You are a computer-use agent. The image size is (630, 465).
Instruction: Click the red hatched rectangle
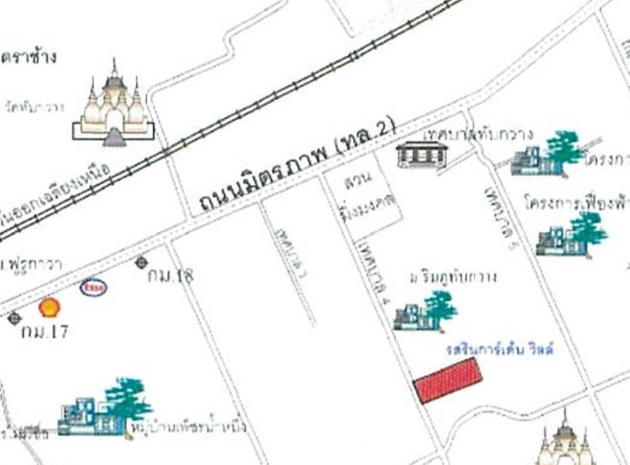coord(448,380)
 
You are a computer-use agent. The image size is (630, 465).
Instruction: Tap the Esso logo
coord(94,287)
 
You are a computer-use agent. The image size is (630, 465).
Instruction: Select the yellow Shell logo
coord(49,307)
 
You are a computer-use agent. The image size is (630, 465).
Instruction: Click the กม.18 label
coord(170,276)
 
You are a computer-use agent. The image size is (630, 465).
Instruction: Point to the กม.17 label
coord(44,331)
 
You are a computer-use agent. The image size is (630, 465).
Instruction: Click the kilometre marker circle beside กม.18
coord(141,263)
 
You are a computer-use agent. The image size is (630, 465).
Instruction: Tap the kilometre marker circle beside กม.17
coord(15,319)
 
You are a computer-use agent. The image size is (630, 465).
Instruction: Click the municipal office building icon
coord(422,154)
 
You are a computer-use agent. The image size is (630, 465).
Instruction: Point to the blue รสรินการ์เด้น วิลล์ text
coord(500,349)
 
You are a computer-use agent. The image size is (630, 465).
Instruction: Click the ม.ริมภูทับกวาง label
coord(454,276)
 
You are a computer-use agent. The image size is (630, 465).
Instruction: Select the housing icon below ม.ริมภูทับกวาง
coord(426,312)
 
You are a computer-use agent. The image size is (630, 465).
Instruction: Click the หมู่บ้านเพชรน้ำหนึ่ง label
coord(189,425)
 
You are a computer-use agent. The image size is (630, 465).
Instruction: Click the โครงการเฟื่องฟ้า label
coord(576,201)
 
